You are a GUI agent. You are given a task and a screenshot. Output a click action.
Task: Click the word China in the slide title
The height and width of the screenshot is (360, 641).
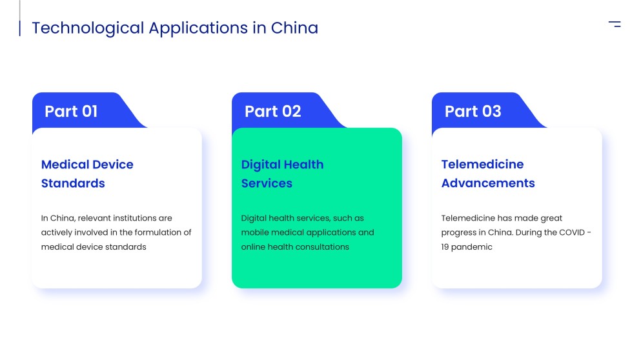(x=294, y=28)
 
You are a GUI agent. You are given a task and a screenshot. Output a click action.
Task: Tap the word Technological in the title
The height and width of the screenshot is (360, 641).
(x=88, y=28)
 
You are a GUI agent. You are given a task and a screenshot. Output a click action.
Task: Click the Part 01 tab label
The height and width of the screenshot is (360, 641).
(x=71, y=111)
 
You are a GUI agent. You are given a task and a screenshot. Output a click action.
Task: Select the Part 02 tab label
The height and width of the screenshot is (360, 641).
(x=272, y=111)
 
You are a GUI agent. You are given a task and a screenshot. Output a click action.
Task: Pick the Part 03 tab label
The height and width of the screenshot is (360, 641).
(x=473, y=111)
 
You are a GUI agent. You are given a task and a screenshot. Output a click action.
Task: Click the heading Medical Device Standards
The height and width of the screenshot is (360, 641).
(x=87, y=174)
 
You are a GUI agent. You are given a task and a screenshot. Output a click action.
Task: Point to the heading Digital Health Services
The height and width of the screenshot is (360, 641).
(x=282, y=174)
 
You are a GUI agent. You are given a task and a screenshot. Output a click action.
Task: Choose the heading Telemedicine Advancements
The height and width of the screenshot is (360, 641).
(x=488, y=174)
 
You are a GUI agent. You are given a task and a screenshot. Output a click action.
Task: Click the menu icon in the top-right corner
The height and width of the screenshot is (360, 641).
(x=615, y=24)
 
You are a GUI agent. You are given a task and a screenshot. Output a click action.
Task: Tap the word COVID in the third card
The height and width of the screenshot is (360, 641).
(x=572, y=232)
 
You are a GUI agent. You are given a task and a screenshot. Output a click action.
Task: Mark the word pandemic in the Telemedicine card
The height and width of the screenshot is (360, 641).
(x=472, y=247)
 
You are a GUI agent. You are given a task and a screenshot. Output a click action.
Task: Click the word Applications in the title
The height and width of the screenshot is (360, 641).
(x=198, y=28)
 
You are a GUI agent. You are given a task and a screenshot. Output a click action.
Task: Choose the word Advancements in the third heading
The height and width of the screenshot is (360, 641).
(x=488, y=183)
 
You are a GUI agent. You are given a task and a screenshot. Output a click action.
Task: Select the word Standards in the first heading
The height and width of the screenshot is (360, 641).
(x=73, y=183)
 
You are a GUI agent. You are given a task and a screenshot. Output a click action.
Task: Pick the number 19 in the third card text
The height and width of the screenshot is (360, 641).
(x=445, y=247)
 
